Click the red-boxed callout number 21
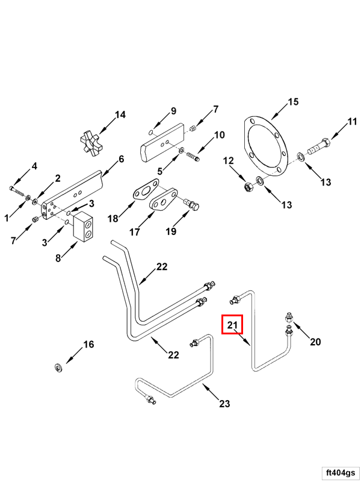click(x=232, y=325)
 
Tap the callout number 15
click(x=292, y=102)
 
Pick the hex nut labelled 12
click(x=247, y=186)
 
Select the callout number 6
click(x=121, y=159)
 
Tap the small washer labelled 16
click(x=60, y=367)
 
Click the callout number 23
click(x=224, y=404)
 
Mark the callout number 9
click(x=173, y=111)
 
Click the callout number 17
click(x=134, y=232)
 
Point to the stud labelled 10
click(x=193, y=157)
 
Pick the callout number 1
click(x=7, y=217)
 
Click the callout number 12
click(x=228, y=161)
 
